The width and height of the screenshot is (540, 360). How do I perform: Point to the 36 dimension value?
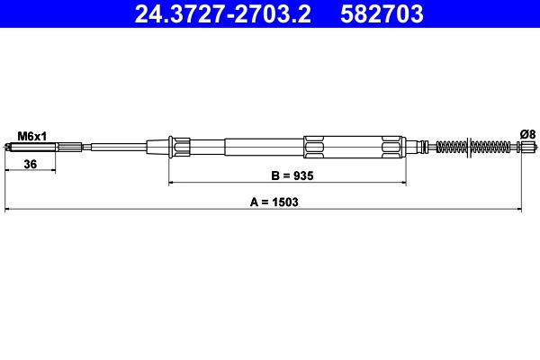30,165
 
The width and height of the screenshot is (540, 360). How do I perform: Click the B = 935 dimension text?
286,177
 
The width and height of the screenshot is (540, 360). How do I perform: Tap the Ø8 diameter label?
527,134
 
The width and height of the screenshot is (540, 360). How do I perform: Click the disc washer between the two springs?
469,147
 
